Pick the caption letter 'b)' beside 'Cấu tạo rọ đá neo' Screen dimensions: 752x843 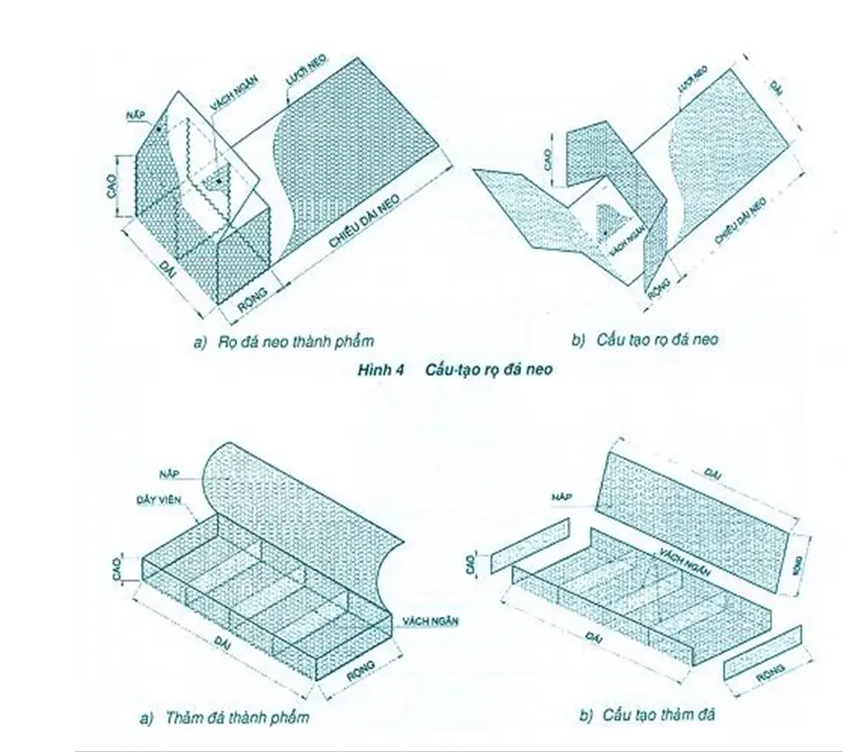point(578,339)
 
